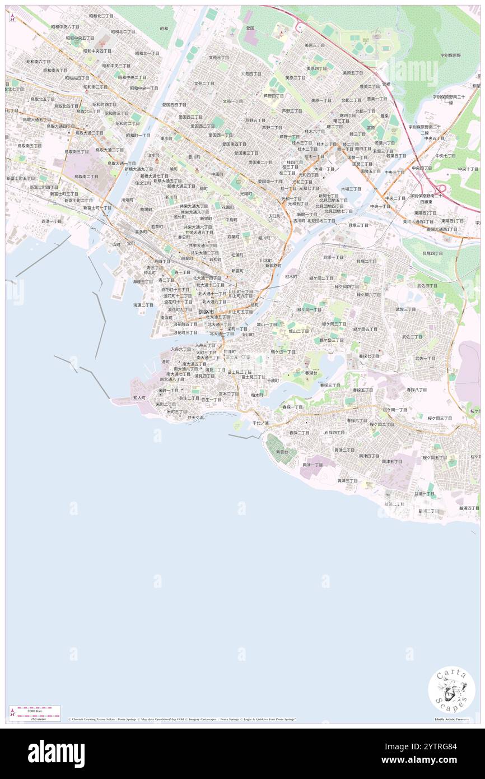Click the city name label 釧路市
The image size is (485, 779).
point(206,311)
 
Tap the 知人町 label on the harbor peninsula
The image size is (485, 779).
point(139,397)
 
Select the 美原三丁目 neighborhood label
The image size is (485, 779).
point(314,45)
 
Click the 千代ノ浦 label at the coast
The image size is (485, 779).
point(260,423)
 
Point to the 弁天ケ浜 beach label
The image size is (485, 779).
point(195,418)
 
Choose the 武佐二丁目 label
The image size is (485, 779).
point(412,337)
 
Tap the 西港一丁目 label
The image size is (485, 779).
point(52,221)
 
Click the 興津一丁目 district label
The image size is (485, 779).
point(312,465)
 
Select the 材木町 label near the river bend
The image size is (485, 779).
point(291,277)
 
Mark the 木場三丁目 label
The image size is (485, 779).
point(351,189)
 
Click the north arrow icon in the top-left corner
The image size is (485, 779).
point(12,17)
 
